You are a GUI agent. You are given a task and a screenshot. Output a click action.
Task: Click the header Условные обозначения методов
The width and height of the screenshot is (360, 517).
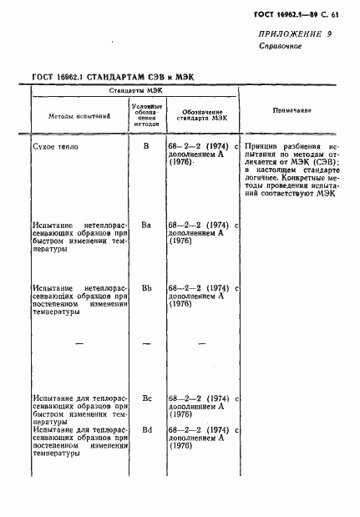[x=146, y=111]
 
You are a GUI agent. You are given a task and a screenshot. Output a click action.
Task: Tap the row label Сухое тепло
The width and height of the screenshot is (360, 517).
[x=58, y=145]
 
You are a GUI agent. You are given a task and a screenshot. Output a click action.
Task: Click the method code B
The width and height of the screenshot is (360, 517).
[x=146, y=145]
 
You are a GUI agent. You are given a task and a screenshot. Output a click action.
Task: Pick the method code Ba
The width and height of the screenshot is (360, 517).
[x=146, y=225]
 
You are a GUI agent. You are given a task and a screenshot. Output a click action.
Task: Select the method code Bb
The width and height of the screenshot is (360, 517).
[x=146, y=288]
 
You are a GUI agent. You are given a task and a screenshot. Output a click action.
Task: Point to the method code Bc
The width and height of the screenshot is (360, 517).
[x=146, y=398]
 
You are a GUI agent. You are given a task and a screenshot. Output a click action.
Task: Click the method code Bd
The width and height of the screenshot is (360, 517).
[x=146, y=429]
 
